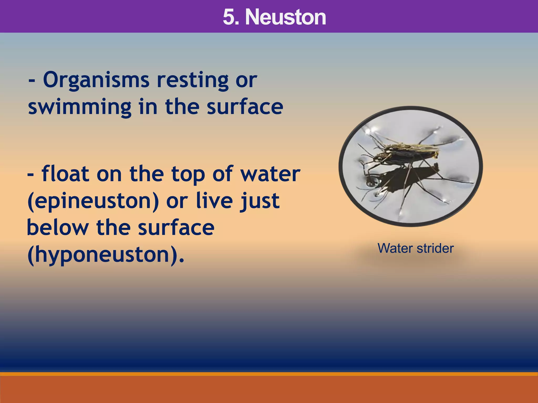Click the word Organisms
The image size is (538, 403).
click(x=96, y=80)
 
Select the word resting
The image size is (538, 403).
click(x=193, y=80)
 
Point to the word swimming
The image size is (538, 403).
click(x=80, y=108)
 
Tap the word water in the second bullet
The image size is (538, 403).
click(x=271, y=174)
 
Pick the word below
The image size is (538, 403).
click(x=58, y=227)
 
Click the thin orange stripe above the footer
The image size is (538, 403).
click(x=269, y=374)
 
